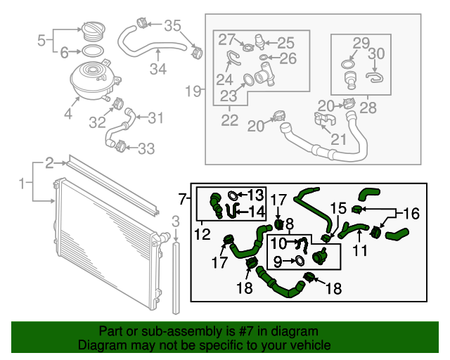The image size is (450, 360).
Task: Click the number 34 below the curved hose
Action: point(158,69)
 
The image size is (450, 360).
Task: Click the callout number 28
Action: point(368,108)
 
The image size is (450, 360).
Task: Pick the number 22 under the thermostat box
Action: point(230,120)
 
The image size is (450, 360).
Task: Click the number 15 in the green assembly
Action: point(339,208)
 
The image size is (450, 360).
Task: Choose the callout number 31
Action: point(155,117)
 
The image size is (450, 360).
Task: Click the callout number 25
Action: point(285,43)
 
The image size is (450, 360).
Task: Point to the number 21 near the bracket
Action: point(339,139)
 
